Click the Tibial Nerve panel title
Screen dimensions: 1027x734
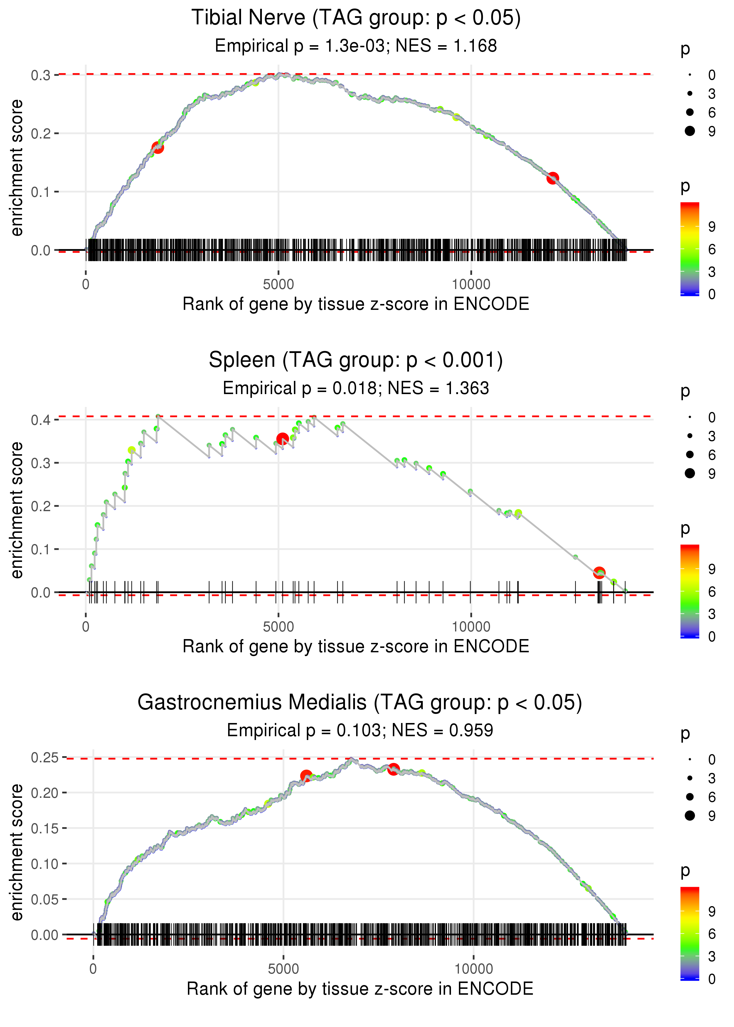[356, 18]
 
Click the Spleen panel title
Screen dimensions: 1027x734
[356, 360]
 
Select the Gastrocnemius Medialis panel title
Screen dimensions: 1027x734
[359, 703]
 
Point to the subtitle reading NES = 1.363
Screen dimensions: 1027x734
[438, 388]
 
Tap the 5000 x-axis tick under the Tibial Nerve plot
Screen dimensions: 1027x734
[278, 285]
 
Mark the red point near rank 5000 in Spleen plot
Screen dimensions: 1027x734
[282, 439]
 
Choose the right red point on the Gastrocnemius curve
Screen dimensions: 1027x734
[393, 769]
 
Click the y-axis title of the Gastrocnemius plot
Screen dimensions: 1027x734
[17, 852]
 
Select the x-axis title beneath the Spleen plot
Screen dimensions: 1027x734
[356, 646]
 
